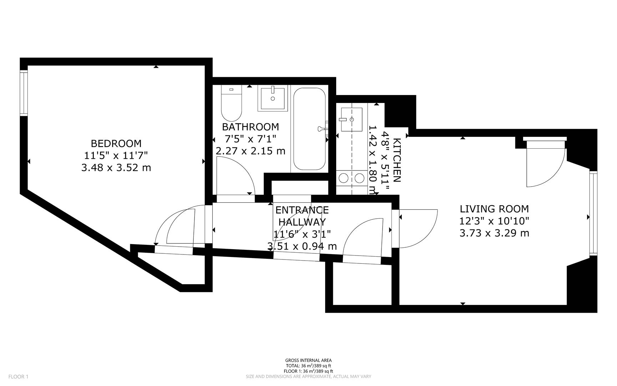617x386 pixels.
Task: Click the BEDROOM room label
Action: pyautogui.click(x=116, y=143)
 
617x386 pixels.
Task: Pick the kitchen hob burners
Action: pyautogui.click(x=352, y=178)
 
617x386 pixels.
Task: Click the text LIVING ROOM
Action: pyautogui.click(x=494, y=209)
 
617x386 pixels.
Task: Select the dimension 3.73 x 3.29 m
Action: pyautogui.click(x=494, y=233)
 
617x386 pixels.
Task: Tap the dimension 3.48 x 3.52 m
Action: pyautogui.click(x=116, y=167)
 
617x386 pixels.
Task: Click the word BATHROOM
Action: pyautogui.click(x=250, y=127)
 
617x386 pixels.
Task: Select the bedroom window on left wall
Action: pyautogui.click(x=24, y=93)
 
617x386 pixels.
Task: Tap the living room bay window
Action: pyautogui.click(x=593, y=213)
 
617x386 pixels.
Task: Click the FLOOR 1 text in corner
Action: pyautogui.click(x=18, y=376)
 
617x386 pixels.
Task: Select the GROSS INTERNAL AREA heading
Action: pyautogui.click(x=308, y=360)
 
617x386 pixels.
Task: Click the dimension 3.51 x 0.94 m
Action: pyautogui.click(x=302, y=246)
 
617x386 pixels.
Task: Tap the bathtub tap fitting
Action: pyautogui.click(x=323, y=128)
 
